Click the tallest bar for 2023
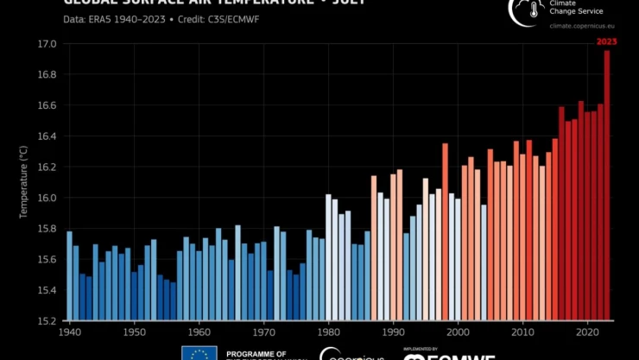[607, 186]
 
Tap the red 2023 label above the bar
[607, 41]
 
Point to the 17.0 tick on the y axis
[47, 44]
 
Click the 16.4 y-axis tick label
[47, 136]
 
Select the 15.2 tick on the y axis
[47, 321]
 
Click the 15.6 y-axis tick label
[47, 260]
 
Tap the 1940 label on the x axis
[69, 332]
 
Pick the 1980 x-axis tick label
[328, 332]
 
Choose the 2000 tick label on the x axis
[458, 332]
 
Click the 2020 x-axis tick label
[587, 332]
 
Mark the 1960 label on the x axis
[199, 332]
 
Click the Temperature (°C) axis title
[24, 182]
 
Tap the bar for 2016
[562, 214]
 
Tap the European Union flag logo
[199, 354]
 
